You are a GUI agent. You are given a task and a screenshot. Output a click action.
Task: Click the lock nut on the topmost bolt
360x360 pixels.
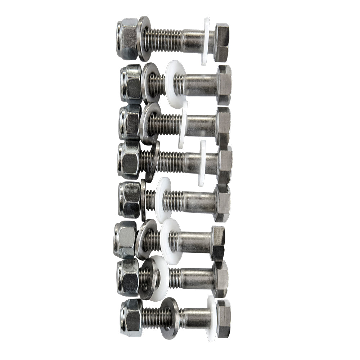click(127, 39)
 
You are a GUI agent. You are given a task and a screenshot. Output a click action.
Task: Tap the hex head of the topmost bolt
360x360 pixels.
click(221, 42)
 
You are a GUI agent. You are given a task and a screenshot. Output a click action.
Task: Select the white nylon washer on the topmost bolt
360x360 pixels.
click(206, 41)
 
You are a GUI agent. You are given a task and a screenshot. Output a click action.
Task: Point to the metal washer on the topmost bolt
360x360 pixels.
click(144, 39)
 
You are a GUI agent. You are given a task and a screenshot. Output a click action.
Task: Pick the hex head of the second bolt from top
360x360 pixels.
click(224, 85)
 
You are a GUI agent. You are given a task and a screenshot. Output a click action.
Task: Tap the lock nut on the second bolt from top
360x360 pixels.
click(131, 84)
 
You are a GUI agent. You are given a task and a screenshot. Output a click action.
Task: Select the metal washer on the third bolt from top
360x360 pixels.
click(147, 123)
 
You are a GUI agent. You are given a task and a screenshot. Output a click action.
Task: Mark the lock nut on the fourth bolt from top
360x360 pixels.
click(129, 159)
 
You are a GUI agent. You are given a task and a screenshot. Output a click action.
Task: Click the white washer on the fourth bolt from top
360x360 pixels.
click(202, 163)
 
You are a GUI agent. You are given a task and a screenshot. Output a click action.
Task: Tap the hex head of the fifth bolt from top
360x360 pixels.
click(222, 202)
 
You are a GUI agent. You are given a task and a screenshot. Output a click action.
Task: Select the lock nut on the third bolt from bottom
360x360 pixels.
click(125, 239)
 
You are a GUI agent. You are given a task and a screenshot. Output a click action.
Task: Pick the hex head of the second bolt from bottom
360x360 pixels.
click(220, 279)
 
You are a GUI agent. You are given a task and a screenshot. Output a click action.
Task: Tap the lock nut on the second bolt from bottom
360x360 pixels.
click(128, 277)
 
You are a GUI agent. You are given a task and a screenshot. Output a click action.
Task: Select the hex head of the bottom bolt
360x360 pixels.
click(223, 318)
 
